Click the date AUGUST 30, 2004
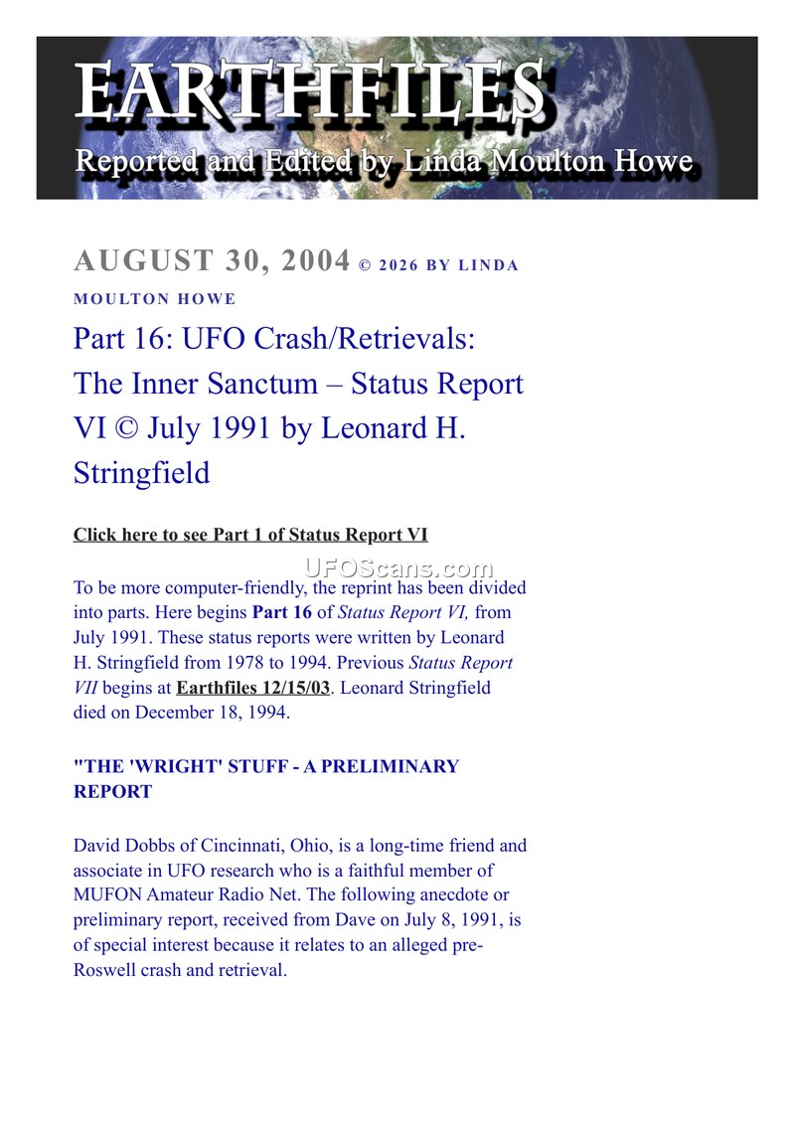click(212, 261)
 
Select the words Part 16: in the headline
click(116, 338)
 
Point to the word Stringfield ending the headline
click(141, 472)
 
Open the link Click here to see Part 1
click(249, 535)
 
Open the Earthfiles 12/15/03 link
click(252, 688)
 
